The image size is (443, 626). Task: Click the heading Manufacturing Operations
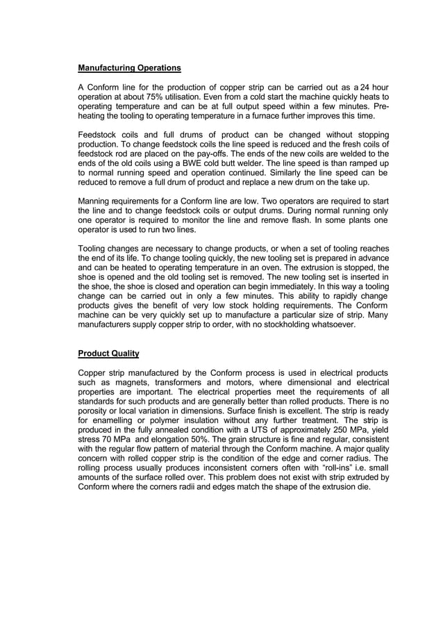point(129,68)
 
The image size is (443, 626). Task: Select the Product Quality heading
point(108,354)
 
